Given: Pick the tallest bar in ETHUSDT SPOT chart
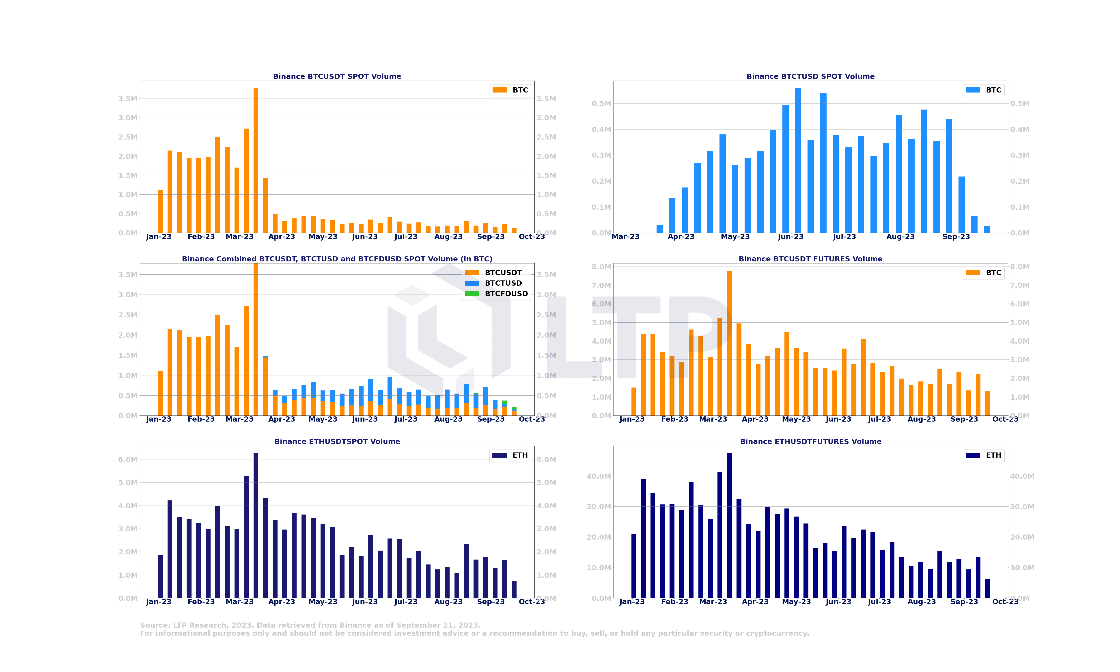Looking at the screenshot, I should tap(256, 525).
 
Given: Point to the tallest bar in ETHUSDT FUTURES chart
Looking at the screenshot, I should tap(729, 525).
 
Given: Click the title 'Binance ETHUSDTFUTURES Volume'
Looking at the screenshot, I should tap(810, 442).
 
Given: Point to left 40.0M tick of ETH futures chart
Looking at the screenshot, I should tap(599, 476).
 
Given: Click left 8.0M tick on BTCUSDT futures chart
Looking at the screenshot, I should tap(601, 267).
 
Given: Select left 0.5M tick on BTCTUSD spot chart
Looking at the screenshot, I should tap(601, 104).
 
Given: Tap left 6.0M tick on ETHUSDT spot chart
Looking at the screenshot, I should tap(128, 459).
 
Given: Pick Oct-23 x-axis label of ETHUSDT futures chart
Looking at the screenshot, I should tap(1005, 602).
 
